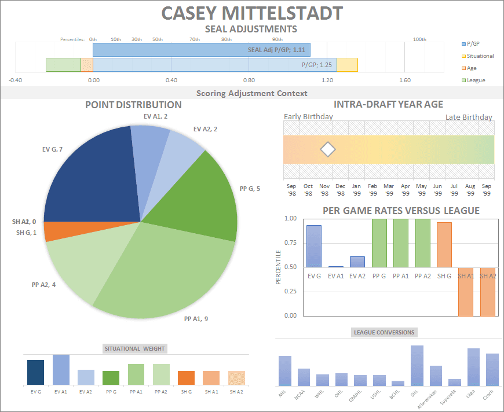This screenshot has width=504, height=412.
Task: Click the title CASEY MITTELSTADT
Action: click(251, 13)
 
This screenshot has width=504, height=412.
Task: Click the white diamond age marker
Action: click(328, 149)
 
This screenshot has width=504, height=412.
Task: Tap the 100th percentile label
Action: click(419, 39)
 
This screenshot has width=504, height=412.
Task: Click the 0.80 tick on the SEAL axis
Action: click(249, 80)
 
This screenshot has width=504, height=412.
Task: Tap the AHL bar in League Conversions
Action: click(285, 371)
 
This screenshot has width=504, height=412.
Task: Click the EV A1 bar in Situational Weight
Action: click(61, 370)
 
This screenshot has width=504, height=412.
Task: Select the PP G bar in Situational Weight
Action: click(111, 378)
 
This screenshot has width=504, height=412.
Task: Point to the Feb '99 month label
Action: click(373, 190)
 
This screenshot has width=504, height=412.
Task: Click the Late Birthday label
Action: click(469, 117)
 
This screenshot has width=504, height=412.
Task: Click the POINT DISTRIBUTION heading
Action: click(133, 105)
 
